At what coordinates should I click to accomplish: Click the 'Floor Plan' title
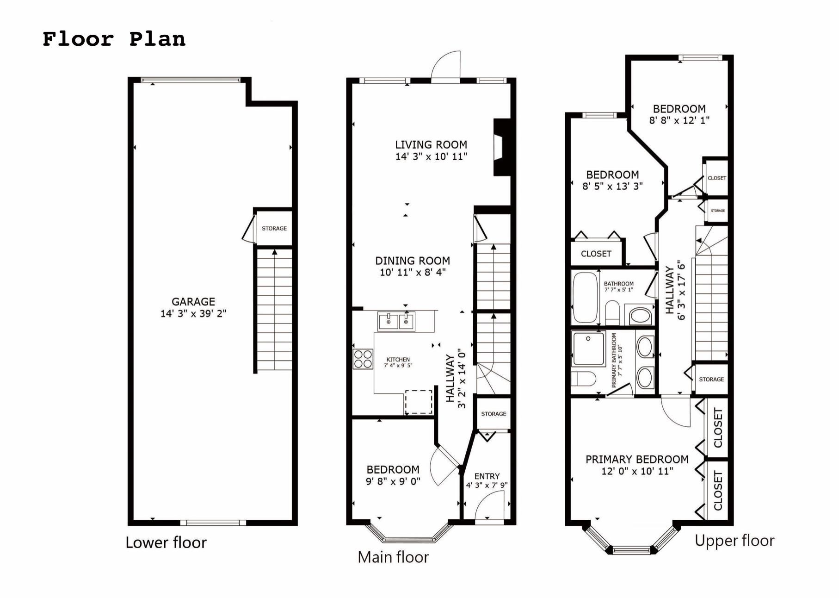click(x=114, y=39)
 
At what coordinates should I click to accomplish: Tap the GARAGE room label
click(x=193, y=302)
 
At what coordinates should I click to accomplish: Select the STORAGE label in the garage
click(x=274, y=228)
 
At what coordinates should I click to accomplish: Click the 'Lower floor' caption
click(x=166, y=542)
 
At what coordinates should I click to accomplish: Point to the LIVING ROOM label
click(x=431, y=145)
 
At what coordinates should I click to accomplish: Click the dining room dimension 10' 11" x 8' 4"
click(x=412, y=273)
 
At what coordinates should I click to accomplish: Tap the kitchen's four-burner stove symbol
click(x=363, y=359)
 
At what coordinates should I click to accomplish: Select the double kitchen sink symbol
click(x=396, y=321)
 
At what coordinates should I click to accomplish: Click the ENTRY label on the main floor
click(x=487, y=476)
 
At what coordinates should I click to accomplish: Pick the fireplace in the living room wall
click(x=502, y=148)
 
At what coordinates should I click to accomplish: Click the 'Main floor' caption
click(x=393, y=557)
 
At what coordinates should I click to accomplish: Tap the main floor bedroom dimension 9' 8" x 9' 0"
click(x=393, y=481)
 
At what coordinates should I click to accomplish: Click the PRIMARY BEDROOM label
click(x=636, y=459)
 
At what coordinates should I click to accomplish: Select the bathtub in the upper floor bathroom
click(x=585, y=298)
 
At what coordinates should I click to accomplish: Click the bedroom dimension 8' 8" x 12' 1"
click(x=679, y=120)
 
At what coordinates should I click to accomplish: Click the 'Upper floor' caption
click(x=734, y=541)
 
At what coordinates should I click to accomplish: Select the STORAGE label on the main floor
click(x=493, y=414)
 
